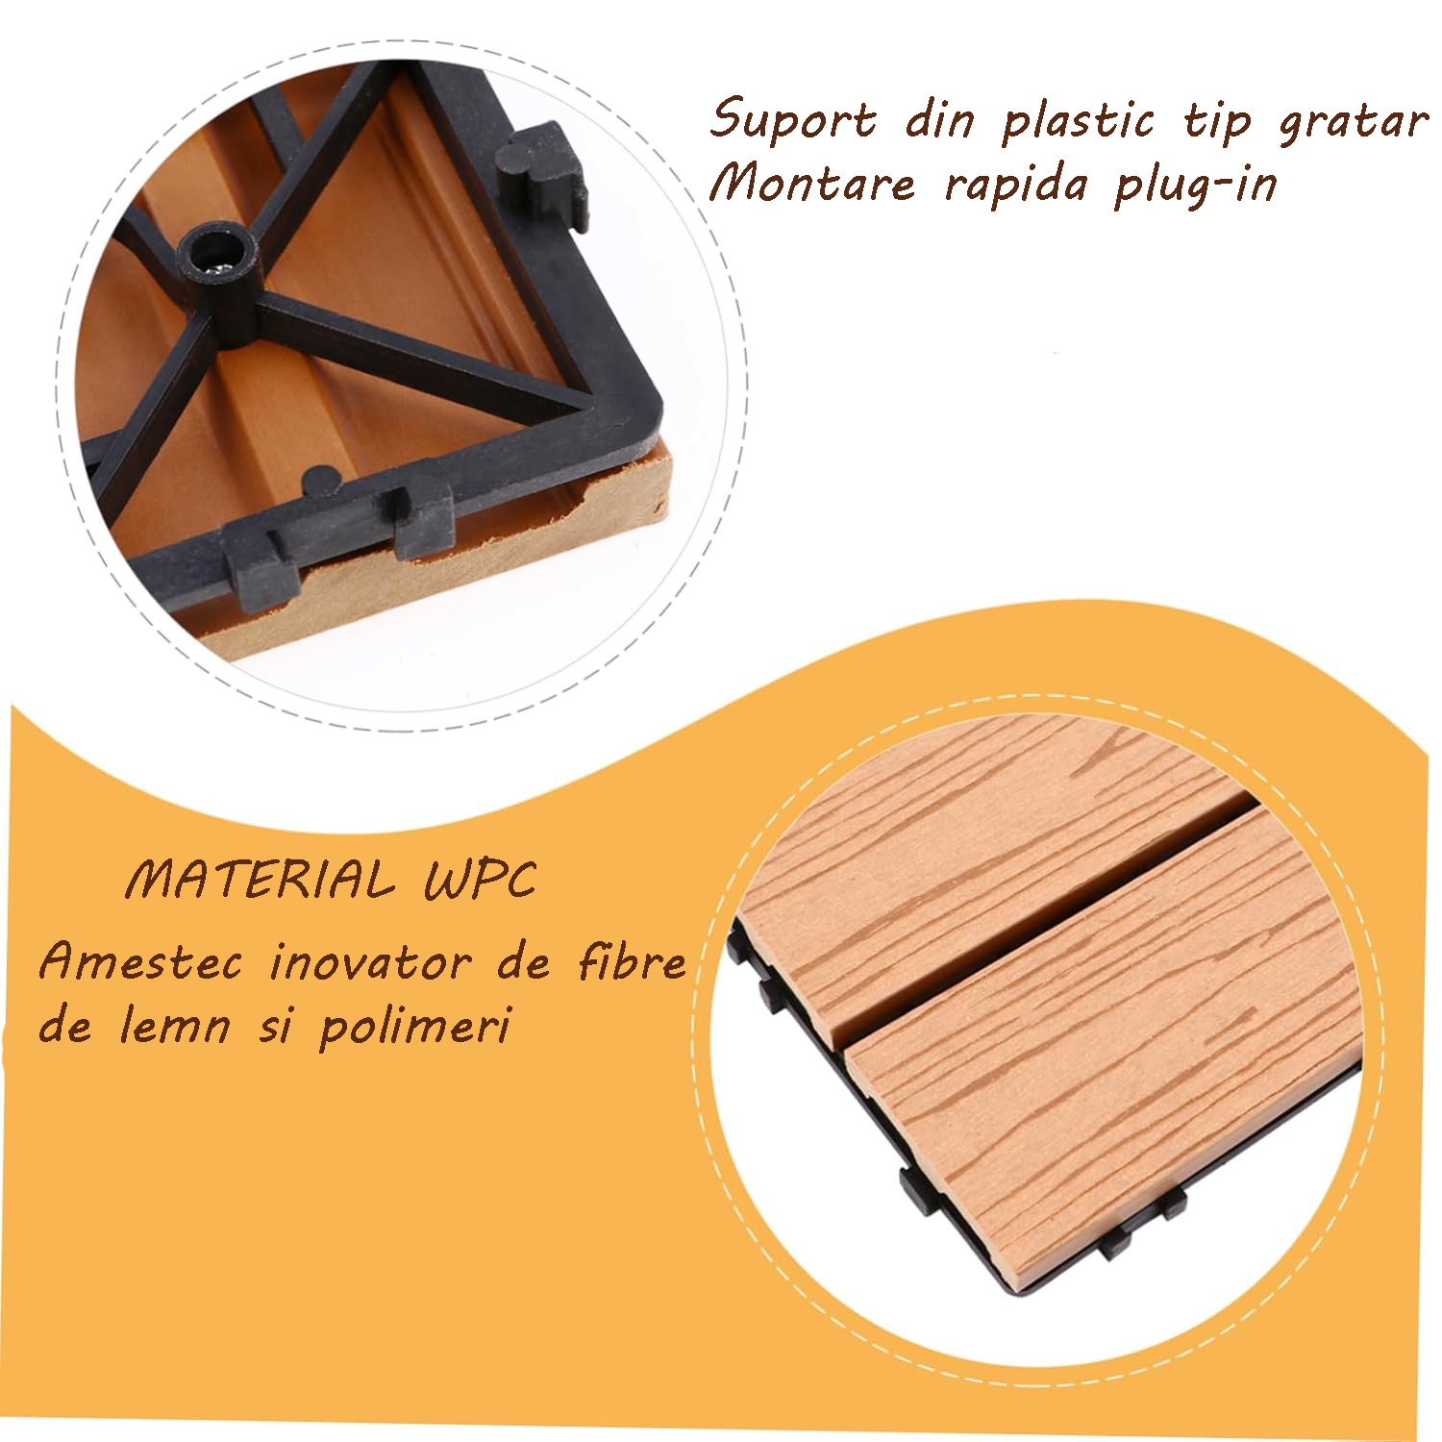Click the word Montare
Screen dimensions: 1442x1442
coord(812,183)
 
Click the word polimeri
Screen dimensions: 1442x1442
coord(413,1027)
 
